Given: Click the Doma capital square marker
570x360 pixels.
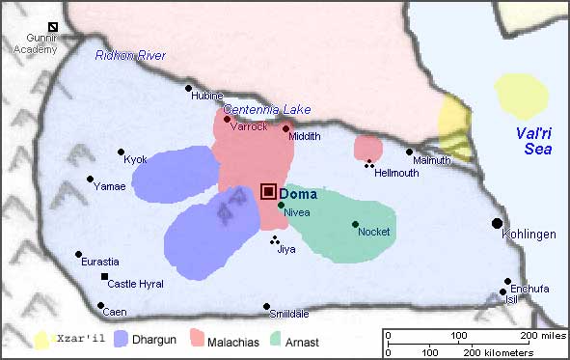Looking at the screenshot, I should pos(269,192).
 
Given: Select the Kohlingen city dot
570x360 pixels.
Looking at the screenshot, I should pos(497,223).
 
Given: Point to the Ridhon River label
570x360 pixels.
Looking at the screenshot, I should pos(130,55).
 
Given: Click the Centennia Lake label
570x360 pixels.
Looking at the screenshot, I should pos(267,109).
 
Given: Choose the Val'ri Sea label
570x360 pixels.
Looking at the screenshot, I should pos(531,141).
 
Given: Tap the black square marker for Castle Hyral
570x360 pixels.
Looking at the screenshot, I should pos(105,277).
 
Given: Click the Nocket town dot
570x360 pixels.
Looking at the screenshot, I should pos(355,224).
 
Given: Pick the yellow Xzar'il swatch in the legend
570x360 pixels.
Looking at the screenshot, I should pos(42,340).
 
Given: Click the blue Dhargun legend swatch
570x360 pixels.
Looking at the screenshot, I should pos(122,340).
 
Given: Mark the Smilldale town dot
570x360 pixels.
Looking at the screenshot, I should pos(266,307).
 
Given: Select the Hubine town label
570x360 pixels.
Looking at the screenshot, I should pos(207,96).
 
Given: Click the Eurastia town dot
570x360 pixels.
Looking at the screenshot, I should pos(79,255).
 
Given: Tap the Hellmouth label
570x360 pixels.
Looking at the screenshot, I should pos(396,173).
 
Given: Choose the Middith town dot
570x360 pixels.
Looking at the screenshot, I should pos(285,128).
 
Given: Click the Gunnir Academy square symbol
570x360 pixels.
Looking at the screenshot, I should pos(54,28).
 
